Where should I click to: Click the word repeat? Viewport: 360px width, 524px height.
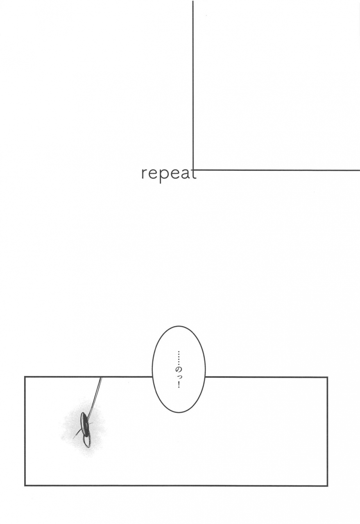pos(168,174)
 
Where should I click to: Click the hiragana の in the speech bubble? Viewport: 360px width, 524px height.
pos(178,368)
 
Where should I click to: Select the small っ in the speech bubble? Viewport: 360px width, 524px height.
pos(178,377)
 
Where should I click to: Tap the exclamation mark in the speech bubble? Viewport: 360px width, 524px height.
pos(178,385)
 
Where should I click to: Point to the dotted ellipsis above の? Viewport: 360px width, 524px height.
pos(178,356)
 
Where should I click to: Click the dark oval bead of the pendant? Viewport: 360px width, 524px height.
pos(84,423)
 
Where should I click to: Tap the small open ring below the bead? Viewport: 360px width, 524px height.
pos(86,440)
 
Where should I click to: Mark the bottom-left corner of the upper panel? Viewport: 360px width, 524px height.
pos(193,170)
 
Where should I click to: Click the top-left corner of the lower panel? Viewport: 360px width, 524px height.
pos(25,377)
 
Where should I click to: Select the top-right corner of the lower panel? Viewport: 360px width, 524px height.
pos(327,377)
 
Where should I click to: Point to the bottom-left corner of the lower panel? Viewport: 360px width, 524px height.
pos(25,486)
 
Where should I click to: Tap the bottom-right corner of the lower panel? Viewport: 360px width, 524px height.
pos(327,486)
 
